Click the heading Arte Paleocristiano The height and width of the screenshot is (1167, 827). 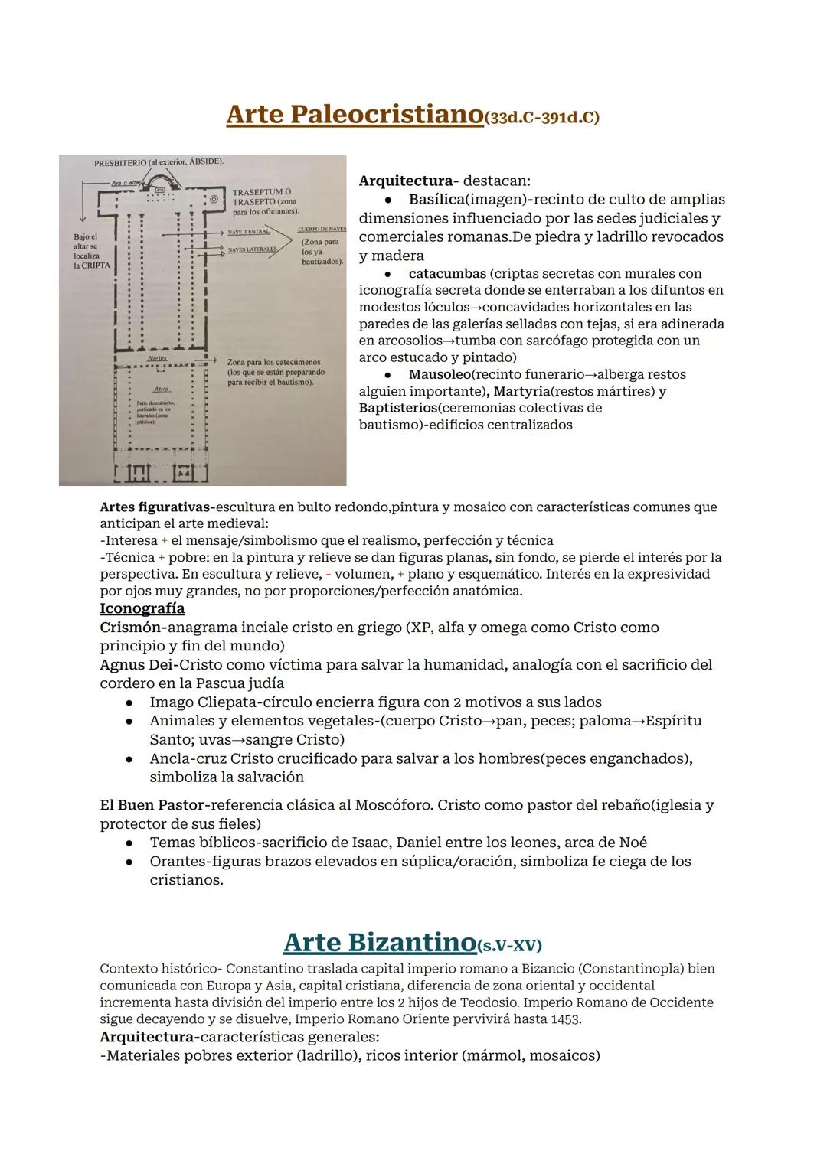[x=355, y=115]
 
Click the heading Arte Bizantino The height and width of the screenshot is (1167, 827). [x=379, y=942]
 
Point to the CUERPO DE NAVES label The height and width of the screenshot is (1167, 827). [x=321, y=229]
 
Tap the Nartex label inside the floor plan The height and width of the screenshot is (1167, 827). [x=158, y=358]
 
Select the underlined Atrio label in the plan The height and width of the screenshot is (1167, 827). [x=161, y=390]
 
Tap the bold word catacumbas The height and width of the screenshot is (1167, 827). [x=447, y=274]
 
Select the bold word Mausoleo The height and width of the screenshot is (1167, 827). [x=440, y=375]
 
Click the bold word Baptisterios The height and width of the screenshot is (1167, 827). [x=397, y=408]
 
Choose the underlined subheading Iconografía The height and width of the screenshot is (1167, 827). [x=142, y=608]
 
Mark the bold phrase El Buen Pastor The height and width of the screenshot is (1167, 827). [x=153, y=805]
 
